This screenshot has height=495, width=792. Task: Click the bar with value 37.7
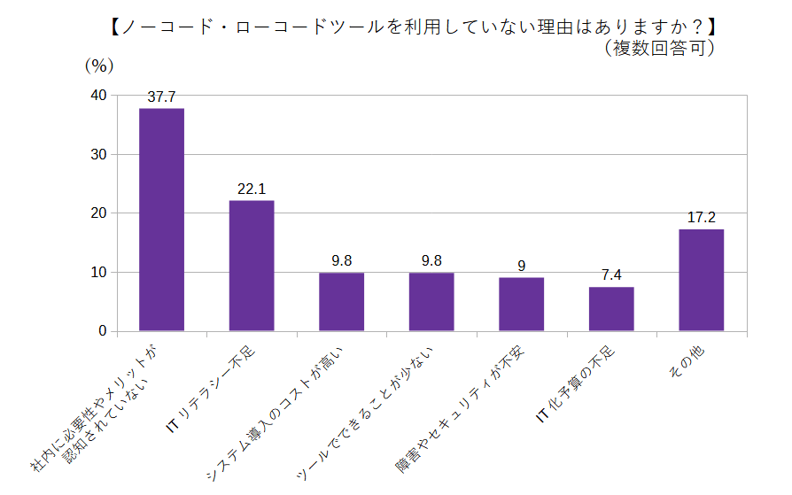pos(162,220)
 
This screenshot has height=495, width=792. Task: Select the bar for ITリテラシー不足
pos(252,266)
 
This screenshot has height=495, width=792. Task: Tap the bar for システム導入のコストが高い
pos(341,302)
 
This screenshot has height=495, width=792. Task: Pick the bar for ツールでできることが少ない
pos(431,302)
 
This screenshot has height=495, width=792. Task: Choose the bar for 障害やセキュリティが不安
pos(521,305)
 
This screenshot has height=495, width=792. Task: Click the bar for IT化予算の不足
pos(611,309)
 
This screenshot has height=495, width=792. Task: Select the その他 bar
pos(702,280)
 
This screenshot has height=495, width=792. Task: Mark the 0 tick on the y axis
pos(102,331)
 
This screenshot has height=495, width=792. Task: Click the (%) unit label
pos(98,65)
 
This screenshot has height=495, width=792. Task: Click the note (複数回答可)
pos(660,48)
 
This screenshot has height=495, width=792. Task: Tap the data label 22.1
pos(252,189)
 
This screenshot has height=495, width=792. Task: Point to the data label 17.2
pos(702,217)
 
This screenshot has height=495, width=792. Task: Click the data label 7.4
pos(611,275)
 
